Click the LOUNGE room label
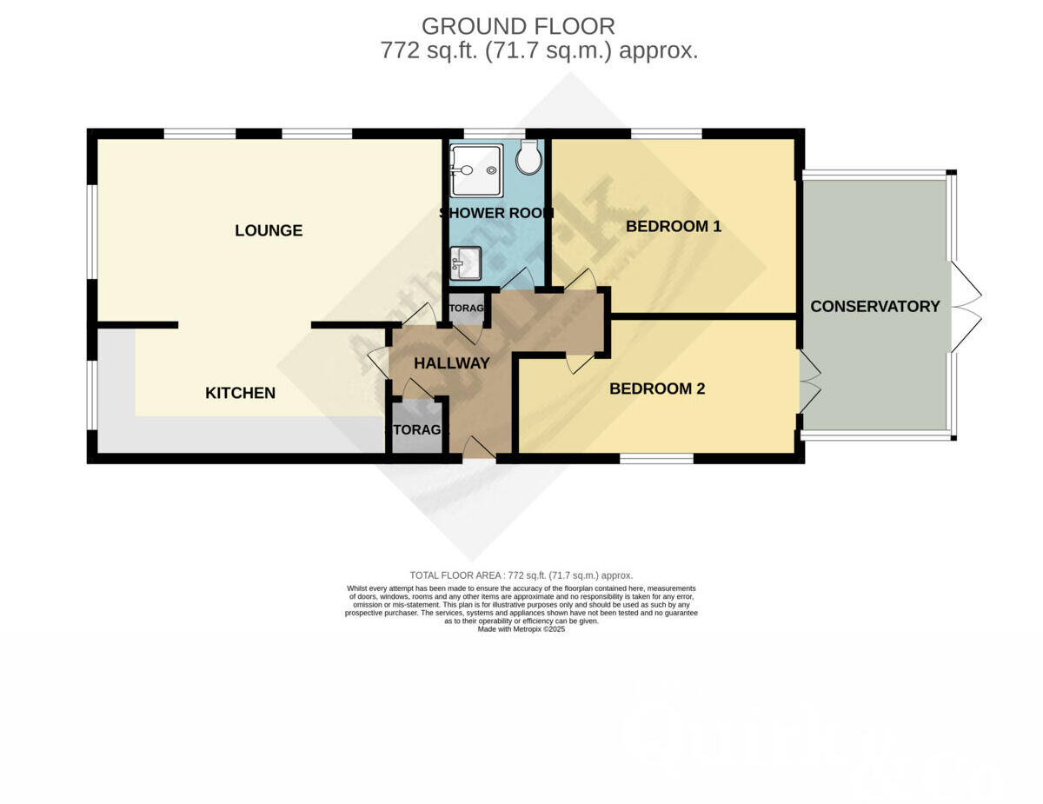(269, 230)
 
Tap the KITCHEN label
(240, 393)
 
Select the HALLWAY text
(452, 363)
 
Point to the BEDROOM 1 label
(674, 227)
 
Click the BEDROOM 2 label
(657, 389)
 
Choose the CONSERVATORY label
(875, 306)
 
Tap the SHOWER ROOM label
(496, 213)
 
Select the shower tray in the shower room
(476, 169)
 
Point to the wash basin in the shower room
(466, 262)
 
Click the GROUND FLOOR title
(518, 26)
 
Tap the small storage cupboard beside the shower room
(466, 309)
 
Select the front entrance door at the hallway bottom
(479, 450)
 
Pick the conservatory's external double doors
(966, 307)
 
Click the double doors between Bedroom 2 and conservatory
(808, 381)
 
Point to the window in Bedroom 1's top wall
(666, 134)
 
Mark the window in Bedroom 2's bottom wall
(656, 458)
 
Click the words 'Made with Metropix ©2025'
(521, 629)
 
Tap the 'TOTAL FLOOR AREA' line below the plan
(521, 575)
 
